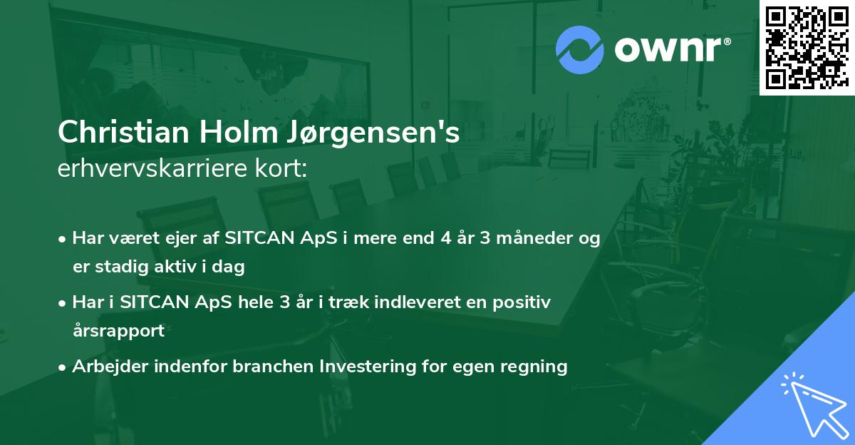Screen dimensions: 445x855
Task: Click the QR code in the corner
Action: coord(807,48)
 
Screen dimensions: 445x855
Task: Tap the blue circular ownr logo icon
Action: coord(580,49)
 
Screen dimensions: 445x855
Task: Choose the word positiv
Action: coord(524,302)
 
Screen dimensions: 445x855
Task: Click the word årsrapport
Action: coord(118,331)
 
